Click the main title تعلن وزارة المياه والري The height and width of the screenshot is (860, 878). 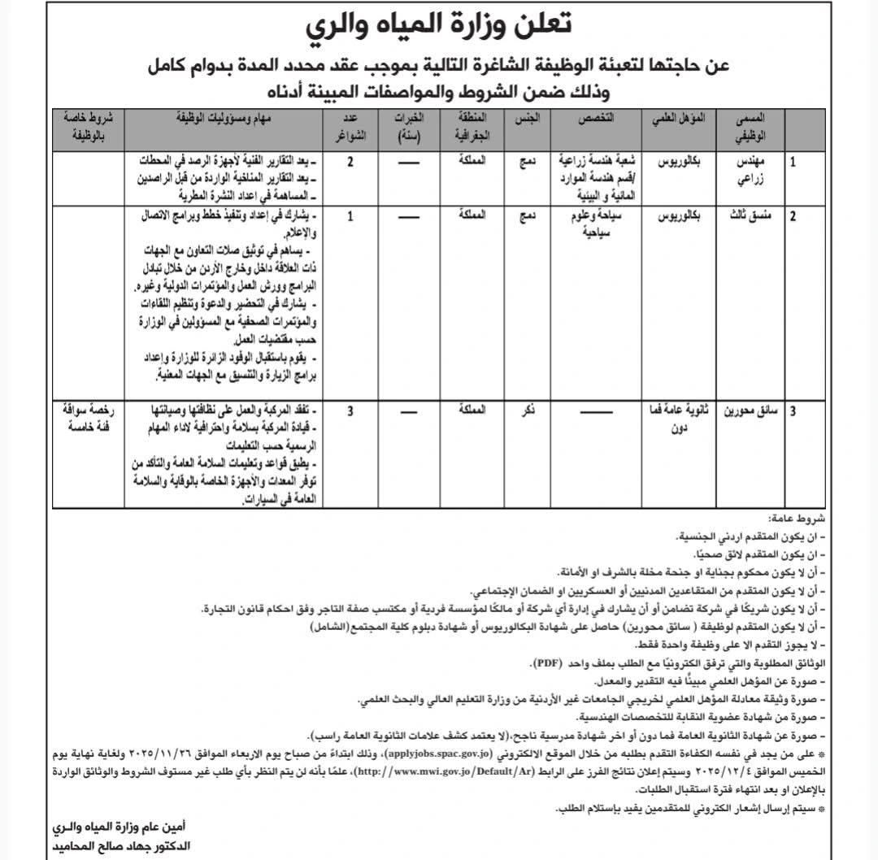(439, 25)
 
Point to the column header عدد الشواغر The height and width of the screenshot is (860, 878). (350, 126)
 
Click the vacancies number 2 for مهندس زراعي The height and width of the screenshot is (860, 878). (350, 162)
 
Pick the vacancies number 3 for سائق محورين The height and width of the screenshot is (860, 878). (350, 412)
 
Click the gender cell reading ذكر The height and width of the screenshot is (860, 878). (528, 412)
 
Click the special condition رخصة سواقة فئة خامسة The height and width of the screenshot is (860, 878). (88, 418)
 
